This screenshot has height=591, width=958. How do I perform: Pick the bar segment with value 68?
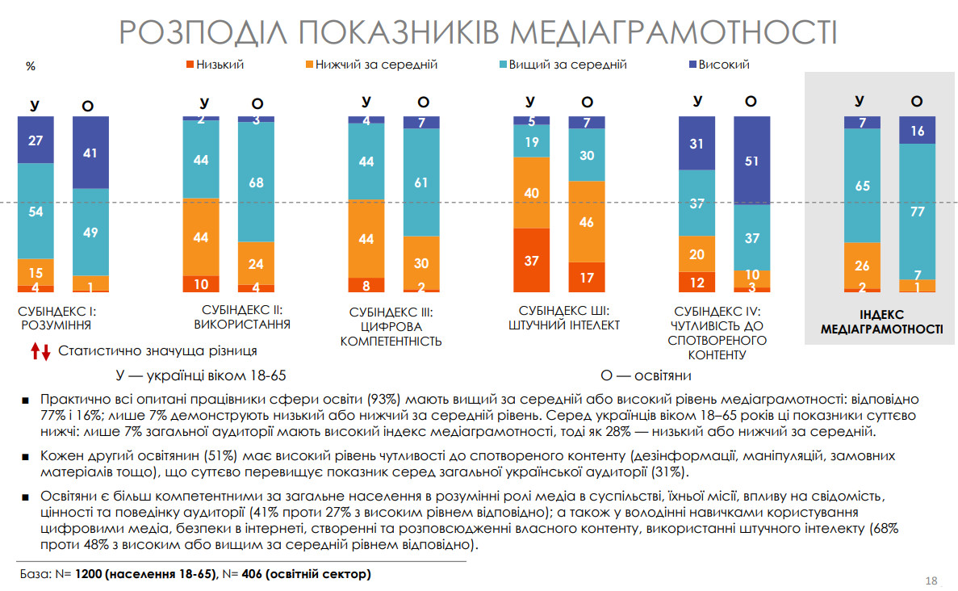click(x=256, y=182)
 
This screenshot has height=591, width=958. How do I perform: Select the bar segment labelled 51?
click(x=751, y=160)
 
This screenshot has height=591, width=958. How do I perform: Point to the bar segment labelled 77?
click(x=917, y=211)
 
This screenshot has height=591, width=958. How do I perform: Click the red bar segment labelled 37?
click(x=531, y=260)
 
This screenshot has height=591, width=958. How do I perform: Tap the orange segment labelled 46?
click(x=587, y=222)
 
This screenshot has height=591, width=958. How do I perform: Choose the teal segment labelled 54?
click(x=36, y=211)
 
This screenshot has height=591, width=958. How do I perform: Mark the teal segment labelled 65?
click(x=862, y=186)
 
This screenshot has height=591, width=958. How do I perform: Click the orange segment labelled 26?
click(x=862, y=265)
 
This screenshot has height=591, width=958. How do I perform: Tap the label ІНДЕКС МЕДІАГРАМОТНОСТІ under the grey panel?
click(x=881, y=322)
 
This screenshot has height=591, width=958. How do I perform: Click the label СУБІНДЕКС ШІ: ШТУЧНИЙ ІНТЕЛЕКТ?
click(x=563, y=318)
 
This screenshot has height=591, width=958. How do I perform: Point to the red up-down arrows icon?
click(x=41, y=351)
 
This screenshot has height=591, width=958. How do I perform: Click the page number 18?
click(x=931, y=581)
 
